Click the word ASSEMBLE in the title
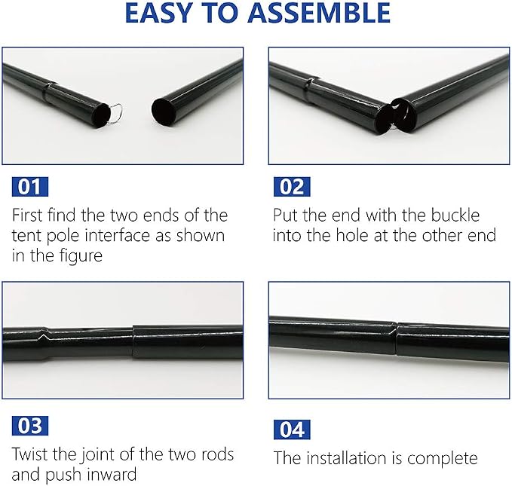coord(319,13)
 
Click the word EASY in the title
coord(158,13)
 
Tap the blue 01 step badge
coord(30,187)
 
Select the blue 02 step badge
coord(292,187)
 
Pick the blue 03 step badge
coord(30,426)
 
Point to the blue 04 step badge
coord(292,429)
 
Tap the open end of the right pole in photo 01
coord(163,112)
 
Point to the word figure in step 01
coord(81,256)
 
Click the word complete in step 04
coord(443,459)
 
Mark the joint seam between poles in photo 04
coord(396,338)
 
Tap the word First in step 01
coord(27,215)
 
